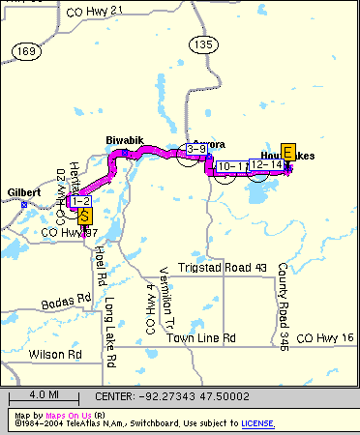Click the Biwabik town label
(124, 141)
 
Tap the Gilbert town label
(23, 193)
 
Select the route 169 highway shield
(29, 49)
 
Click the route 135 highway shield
(202, 44)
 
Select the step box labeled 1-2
(81, 201)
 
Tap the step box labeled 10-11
(233, 167)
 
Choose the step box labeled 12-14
(265, 165)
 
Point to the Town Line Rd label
(201, 338)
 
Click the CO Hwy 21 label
(96, 10)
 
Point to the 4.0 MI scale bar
(45, 396)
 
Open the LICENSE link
(257, 423)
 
